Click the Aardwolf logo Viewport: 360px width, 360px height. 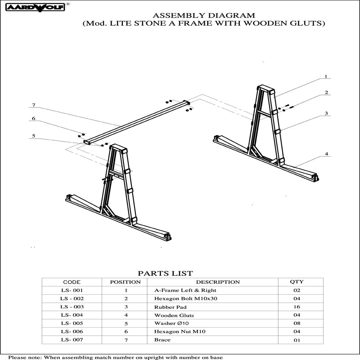[36, 7]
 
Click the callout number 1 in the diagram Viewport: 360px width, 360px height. [325, 76]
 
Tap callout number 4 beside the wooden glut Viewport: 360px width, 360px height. [326, 154]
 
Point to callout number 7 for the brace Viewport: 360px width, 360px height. [34, 105]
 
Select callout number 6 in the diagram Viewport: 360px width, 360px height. [33, 118]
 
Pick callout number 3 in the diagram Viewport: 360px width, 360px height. [326, 113]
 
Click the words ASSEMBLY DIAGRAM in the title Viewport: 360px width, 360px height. [204, 16]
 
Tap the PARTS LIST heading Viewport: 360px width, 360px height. [165, 274]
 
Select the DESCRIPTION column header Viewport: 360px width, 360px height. [218, 282]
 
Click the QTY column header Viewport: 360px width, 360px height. [297, 282]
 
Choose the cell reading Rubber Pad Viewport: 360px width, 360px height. [171, 307]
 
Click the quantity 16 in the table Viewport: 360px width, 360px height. [297, 307]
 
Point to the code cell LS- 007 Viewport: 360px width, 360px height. [72, 340]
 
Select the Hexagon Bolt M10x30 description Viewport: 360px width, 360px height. [185, 299]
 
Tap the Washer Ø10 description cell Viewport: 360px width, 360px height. [171, 324]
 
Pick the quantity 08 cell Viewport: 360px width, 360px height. [297, 323]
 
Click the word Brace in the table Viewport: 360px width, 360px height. [162, 340]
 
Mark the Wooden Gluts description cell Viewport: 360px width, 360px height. [174, 315]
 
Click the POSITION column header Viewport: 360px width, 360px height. [126, 282]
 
